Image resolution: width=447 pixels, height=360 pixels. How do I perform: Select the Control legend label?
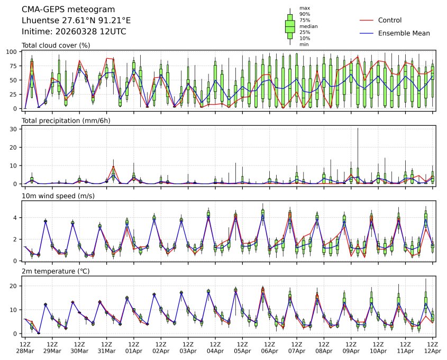[x=390, y=21]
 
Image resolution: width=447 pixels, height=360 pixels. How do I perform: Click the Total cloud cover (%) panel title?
[x=56, y=45]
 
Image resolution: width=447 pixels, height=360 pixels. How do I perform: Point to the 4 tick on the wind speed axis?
[x=16, y=218]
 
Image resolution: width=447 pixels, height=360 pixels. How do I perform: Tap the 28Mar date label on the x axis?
[x=24, y=351]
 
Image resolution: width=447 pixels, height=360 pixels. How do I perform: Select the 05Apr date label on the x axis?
[x=242, y=351]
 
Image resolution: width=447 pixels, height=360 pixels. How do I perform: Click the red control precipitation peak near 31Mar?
[x=113, y=167]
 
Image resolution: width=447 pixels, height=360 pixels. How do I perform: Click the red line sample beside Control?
[x=367, y=21]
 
